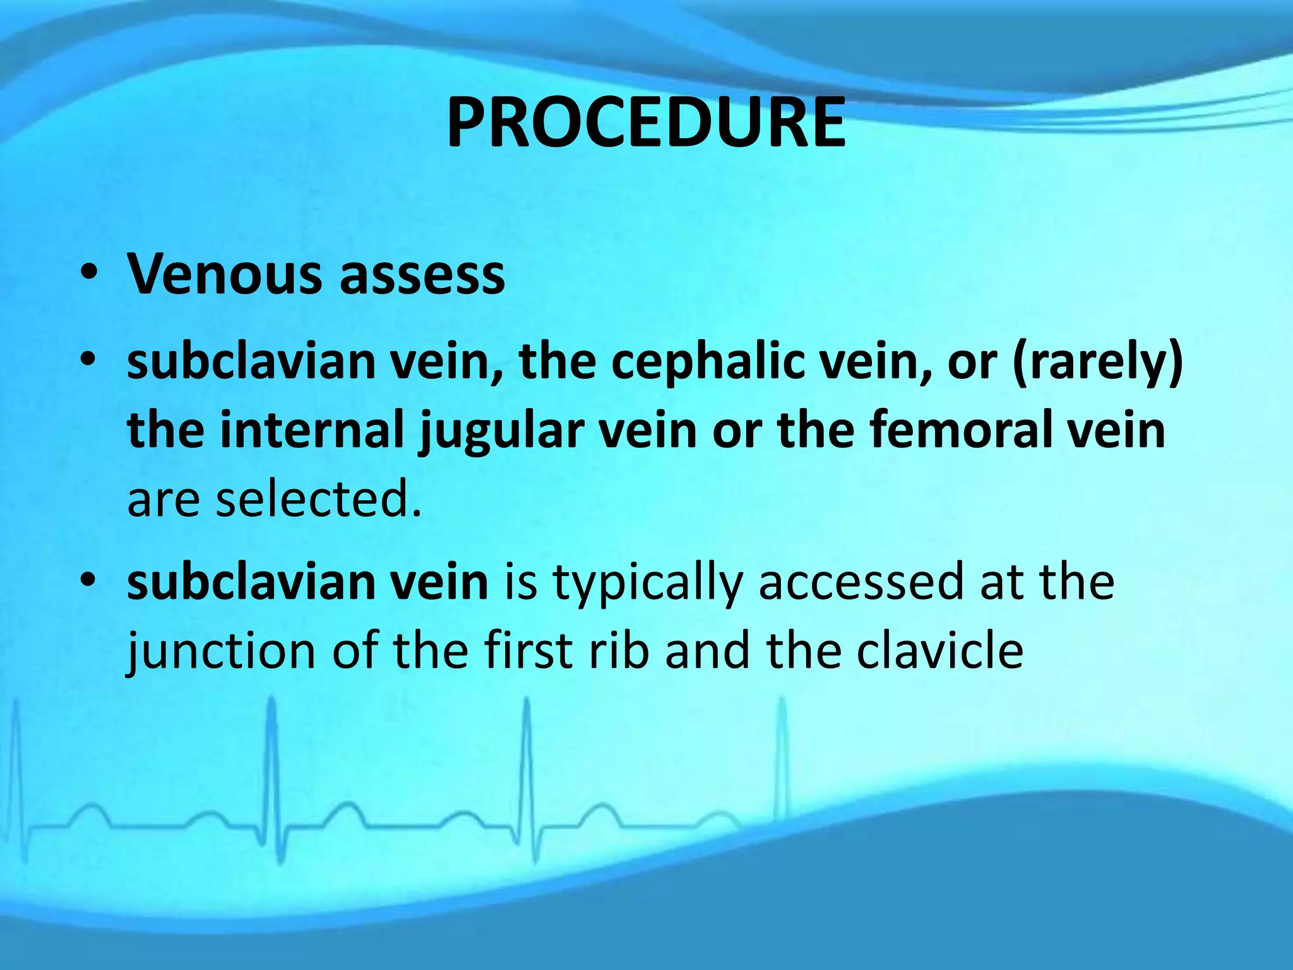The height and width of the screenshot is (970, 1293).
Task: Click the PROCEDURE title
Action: coord(646,123)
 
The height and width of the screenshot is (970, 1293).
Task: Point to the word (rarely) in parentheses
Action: coord(1097,363)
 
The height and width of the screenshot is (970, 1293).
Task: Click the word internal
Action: coord(312,430)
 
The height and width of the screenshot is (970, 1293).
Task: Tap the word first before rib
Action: coord(528,650)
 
